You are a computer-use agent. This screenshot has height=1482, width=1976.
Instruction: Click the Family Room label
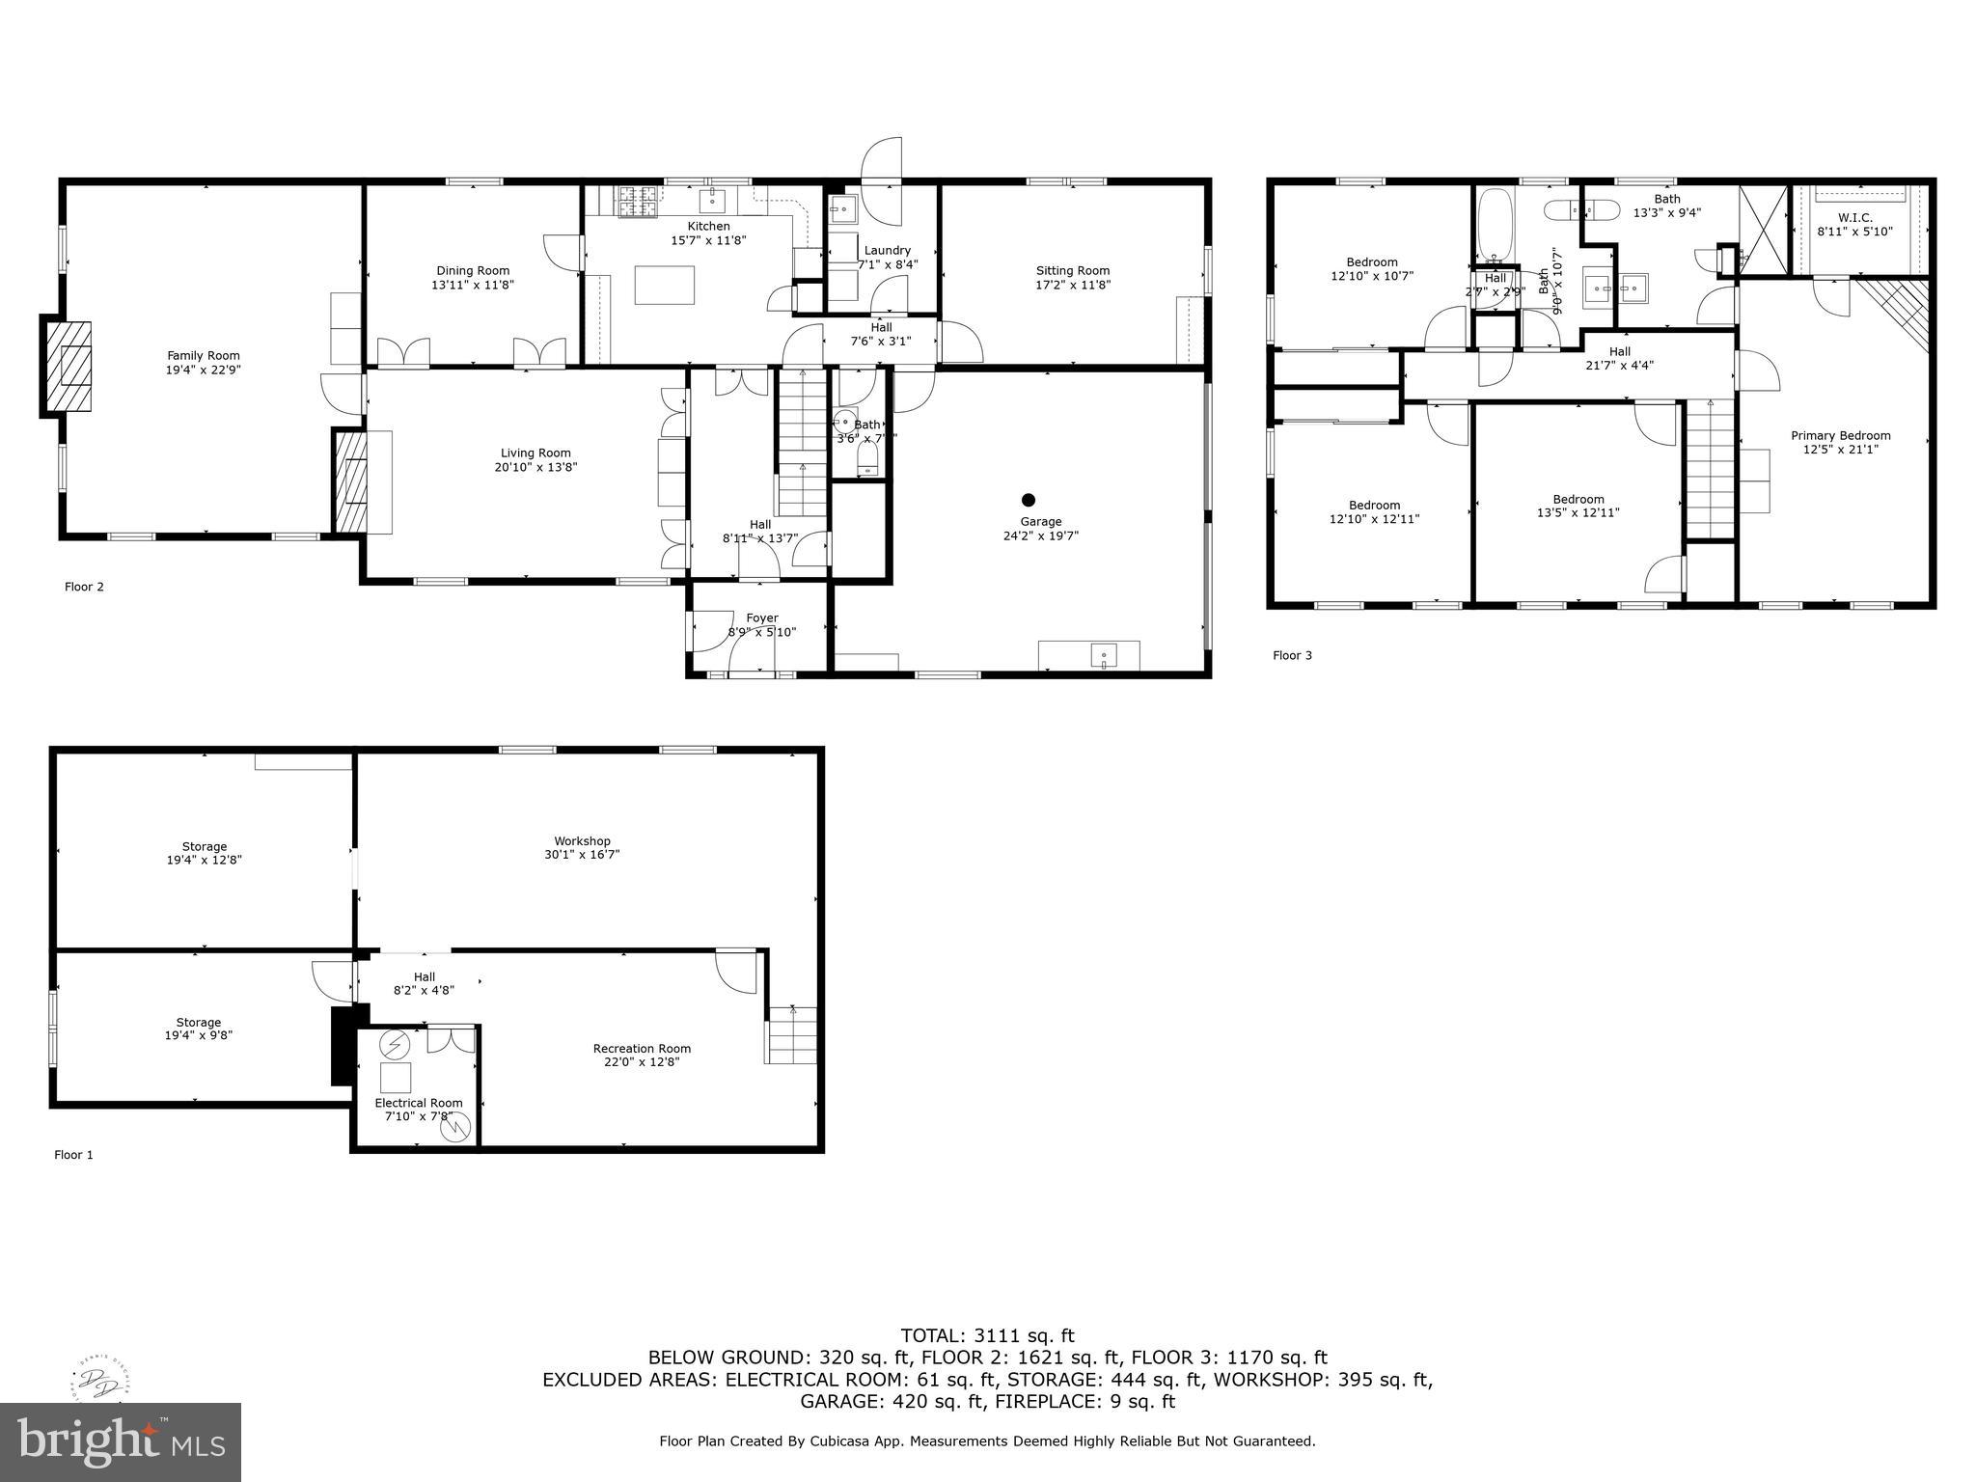(203, 356)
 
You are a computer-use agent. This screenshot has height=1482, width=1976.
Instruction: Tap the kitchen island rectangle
(665, 286)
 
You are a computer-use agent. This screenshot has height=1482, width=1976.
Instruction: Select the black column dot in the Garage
(1029, 500)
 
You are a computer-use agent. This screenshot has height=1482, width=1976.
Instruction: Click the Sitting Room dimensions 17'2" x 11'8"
(1072, 285)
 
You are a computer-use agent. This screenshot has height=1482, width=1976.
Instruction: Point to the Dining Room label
(473, 271)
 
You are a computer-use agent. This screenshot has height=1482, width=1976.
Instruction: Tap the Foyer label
(761, 618)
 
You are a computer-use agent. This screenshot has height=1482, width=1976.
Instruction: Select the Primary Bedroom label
(1840, 435)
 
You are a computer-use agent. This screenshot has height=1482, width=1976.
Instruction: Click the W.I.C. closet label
(1855, 218)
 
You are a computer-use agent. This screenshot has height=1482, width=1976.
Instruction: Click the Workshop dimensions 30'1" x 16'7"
(582, 855)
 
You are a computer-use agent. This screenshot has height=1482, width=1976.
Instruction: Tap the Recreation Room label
(642, 1049)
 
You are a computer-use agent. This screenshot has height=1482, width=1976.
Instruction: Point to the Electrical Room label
(419, 1103)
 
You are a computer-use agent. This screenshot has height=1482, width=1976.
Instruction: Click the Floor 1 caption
(73, 1155)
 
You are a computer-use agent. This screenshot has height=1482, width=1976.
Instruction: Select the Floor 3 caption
(1292, 656)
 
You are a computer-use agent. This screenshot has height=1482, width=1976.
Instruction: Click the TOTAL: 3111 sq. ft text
(987, 1336)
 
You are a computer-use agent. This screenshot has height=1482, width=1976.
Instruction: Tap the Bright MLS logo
(120, 1441)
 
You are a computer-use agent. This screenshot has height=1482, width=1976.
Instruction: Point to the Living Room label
(535, 453)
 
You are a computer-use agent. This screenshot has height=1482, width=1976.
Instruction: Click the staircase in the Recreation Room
(792, 1035)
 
